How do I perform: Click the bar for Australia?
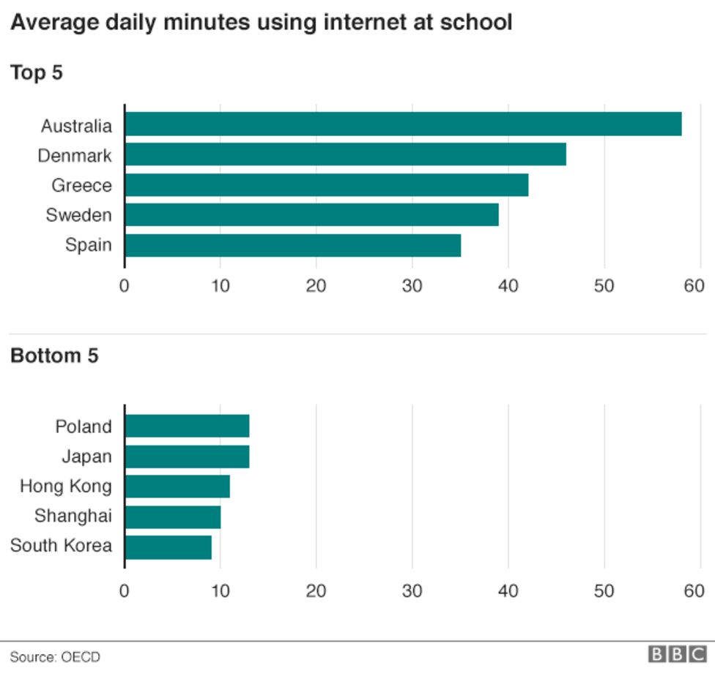(403, 124)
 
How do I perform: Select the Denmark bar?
(345, 154)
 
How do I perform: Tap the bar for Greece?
(326, 185)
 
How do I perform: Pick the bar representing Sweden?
(311, 215)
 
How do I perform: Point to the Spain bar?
(292, 245)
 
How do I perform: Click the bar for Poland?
(187, 426)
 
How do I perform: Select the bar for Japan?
(187, 457)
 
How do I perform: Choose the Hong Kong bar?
(177, 487)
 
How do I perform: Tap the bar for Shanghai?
(173, 517)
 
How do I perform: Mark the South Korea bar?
(168, 547)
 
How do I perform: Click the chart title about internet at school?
(261, 23)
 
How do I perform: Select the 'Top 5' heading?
(37, 72)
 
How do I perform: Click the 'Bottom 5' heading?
(54, 356)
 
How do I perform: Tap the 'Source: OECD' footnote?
(55, 656)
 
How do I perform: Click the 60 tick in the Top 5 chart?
(694, 285)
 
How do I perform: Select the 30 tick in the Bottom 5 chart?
(412, 590)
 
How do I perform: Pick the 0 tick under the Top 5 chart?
(124, 285)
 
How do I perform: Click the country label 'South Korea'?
(61, 546)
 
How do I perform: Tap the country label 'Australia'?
(76, 126)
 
